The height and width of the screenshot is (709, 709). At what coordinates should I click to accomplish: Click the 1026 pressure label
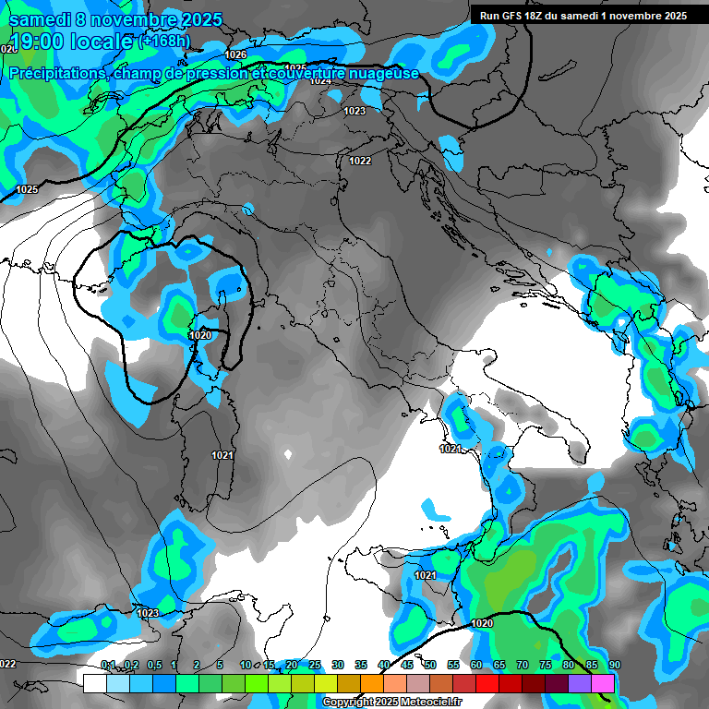(x=235, y=54)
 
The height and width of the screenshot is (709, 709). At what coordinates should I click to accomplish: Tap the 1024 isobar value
(x=320, y=81)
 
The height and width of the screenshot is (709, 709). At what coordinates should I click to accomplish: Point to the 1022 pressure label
(x=360, y=161)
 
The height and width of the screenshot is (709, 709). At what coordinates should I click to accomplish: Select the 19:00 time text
(x=37, y=41)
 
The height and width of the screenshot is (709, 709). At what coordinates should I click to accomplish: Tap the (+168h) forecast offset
(x=164, y=41)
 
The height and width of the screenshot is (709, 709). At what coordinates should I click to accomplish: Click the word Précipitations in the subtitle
(x=55, y=73)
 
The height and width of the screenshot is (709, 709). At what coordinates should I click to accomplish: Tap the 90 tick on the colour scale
(x=615, y=665)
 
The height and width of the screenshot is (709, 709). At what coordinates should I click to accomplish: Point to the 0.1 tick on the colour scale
(x=108, y=665)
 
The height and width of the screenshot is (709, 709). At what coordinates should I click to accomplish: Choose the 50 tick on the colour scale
(x=430, y=665)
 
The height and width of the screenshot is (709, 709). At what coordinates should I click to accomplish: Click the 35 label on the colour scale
(x=361, y=665)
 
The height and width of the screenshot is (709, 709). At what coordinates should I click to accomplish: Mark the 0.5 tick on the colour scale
(x=153, y=665)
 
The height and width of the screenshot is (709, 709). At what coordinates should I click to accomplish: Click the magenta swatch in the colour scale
(x=603, y=683)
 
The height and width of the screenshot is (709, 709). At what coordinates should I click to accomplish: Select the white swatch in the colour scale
(x=94, y=683)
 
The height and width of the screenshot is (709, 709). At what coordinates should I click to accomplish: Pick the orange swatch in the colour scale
(x=372, y=683)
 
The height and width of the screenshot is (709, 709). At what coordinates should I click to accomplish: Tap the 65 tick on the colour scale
(x=499, y=665)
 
